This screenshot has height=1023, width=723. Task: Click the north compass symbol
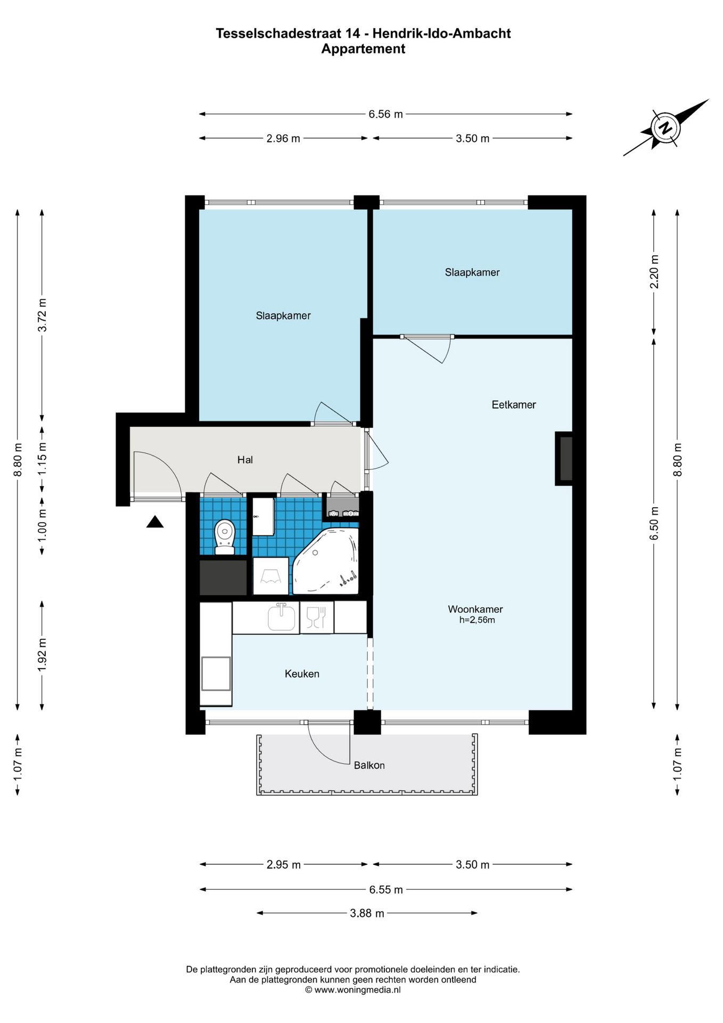666,128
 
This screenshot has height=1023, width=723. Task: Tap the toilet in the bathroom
225,537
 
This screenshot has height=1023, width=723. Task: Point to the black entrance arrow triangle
155,522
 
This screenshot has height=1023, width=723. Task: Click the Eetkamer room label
514,405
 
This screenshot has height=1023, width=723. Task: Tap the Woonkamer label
475,609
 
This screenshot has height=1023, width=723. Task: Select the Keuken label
302,674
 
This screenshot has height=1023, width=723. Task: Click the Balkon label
369,766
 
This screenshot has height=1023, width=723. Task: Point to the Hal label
245,460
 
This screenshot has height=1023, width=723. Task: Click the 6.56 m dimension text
385,114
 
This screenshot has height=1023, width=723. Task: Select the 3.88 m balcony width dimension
367,913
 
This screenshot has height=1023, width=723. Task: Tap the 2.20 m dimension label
654,272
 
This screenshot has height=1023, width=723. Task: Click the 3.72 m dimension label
42,315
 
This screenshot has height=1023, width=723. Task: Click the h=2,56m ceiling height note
477,620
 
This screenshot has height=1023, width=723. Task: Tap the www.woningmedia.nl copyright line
352,990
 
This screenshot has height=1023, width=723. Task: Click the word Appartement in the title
363,49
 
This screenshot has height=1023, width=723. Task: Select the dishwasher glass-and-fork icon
316,617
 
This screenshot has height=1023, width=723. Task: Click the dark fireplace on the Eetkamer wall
565,458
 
